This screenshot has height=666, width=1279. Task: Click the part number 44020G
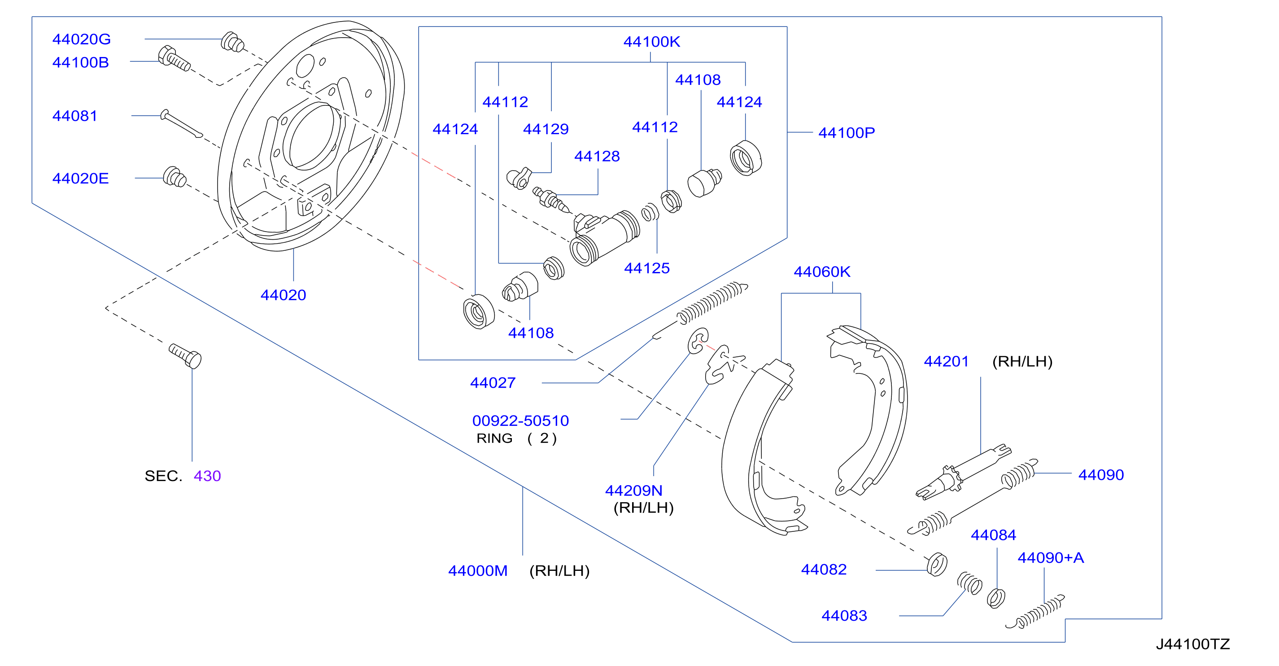82,39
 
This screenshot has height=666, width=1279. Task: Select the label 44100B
80,62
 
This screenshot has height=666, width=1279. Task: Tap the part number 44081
74,116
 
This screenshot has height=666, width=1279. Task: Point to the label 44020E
80,178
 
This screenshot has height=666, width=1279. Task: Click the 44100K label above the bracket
651,42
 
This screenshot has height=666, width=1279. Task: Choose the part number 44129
546,129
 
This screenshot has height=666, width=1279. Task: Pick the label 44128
597,157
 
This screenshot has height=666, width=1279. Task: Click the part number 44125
647,268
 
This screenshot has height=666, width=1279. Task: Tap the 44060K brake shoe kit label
822,272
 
